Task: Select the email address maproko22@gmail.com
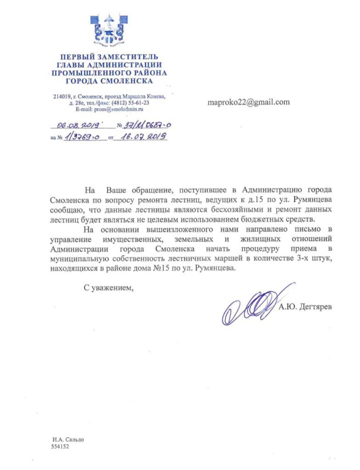point(248,102)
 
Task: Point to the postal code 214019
point(62,97)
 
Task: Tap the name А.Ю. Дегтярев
point(305,307)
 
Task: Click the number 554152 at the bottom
point(60,446)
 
